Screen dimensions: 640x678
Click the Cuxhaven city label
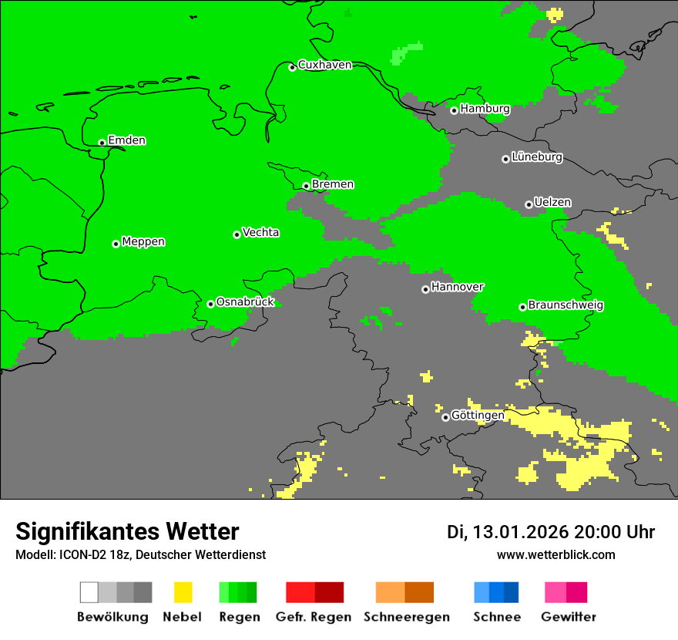[324, 65]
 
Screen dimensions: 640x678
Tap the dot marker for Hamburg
[454, 110]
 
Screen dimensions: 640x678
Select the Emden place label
[126, 140]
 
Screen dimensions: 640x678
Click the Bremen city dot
[306, 186]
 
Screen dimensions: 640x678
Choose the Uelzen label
[552, 202]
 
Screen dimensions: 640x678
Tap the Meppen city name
[143, 241]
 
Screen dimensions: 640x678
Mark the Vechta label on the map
[260, 232]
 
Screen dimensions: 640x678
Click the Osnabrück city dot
[210, 304]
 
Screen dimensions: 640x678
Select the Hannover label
[457, 287]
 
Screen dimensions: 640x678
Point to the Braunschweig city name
[566, 305]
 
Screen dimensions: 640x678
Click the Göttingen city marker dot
[445, 417]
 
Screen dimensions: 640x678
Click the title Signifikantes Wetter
[127, 531]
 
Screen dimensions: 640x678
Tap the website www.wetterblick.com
[555, 554]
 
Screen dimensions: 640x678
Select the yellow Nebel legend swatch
[183, 592]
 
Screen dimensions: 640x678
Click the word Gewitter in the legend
[568, 617]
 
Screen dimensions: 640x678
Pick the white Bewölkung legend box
[89, 592]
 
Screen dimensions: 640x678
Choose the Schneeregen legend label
[406, 617]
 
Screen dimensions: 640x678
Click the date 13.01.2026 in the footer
[520, 532]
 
